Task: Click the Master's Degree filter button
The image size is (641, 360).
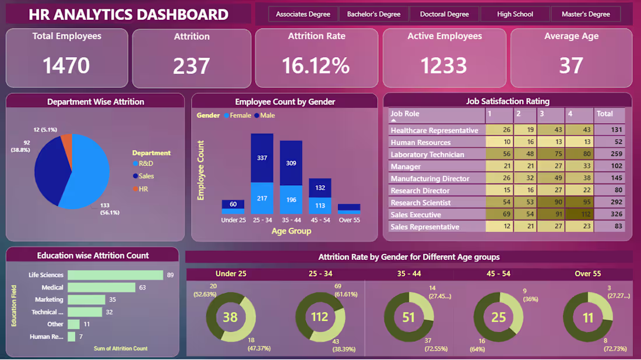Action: (586, 14)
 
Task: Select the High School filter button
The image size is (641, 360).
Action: (515, 14)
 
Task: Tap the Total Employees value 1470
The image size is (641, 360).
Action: (66, 65)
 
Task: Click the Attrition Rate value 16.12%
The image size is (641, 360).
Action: (316, 65)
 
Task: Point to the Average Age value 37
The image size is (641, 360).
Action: (571, 65)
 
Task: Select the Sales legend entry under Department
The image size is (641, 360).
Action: (146, 176)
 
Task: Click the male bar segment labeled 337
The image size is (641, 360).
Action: (262, 157)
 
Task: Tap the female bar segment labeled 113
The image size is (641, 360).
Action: (320, 205)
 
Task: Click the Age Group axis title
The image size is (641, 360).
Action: (291, 231)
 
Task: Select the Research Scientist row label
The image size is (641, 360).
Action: (420, 203)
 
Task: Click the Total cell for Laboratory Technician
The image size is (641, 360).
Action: (610, 154)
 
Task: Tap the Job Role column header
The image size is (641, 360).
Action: (405, 114)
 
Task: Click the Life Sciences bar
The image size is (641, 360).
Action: (115, 275)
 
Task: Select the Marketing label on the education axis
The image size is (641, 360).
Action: (49, 299)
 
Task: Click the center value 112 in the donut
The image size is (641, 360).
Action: (320, 317)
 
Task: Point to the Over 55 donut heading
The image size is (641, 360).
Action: (588, 273)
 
